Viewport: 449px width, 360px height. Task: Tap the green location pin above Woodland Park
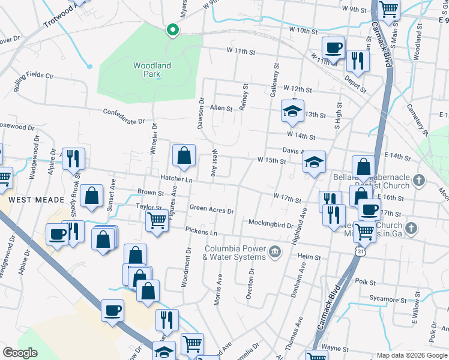pyautogui.click(x=172, y=29)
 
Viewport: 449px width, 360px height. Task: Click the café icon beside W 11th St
pyautogui.click(x=333, y=47)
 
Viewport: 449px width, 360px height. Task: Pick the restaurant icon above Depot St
pyautogui.click(x=357, y=61)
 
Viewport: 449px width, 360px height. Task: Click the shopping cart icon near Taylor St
pyautogui.click(x=157, y=220)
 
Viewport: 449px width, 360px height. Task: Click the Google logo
pyautogui.click(x=20, y=352)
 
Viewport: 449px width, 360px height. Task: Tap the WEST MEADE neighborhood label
pyautogui.click(x=29, y=198)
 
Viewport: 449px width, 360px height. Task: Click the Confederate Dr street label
pyautogui.click(x=124, y=116)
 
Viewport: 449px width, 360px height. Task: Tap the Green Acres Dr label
pyautogui.click(x=211, y=209)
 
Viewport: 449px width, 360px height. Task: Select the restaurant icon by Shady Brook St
pyautogui.click(x=73, y=158)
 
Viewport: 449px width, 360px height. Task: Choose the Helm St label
pyautogui.click(x=309, y=257)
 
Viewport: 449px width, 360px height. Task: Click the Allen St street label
pyautogui.click(x=221, y=108)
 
